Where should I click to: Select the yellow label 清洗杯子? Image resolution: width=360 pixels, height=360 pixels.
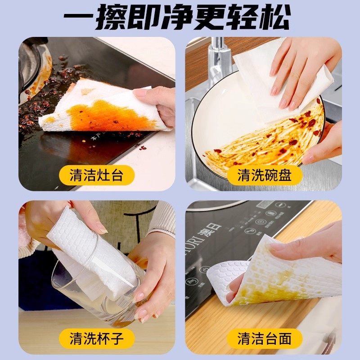pos(96,337)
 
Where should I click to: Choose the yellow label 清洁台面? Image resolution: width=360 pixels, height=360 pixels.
pos(264,337)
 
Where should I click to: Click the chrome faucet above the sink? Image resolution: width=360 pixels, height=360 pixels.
pos(219,58)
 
